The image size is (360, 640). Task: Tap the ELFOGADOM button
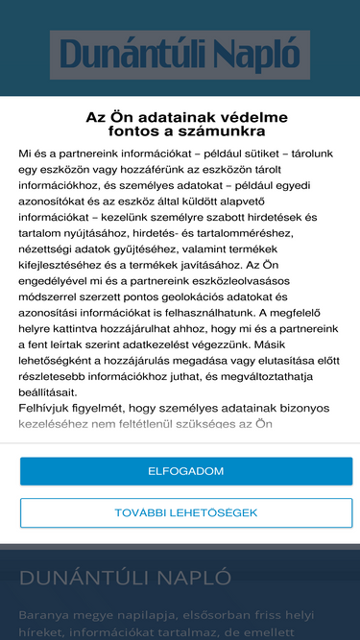tap(186, 471)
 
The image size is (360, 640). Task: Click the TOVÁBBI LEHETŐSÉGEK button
tap(186, 512)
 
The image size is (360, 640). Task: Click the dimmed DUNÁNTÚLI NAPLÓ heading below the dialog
tap(126, 578)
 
